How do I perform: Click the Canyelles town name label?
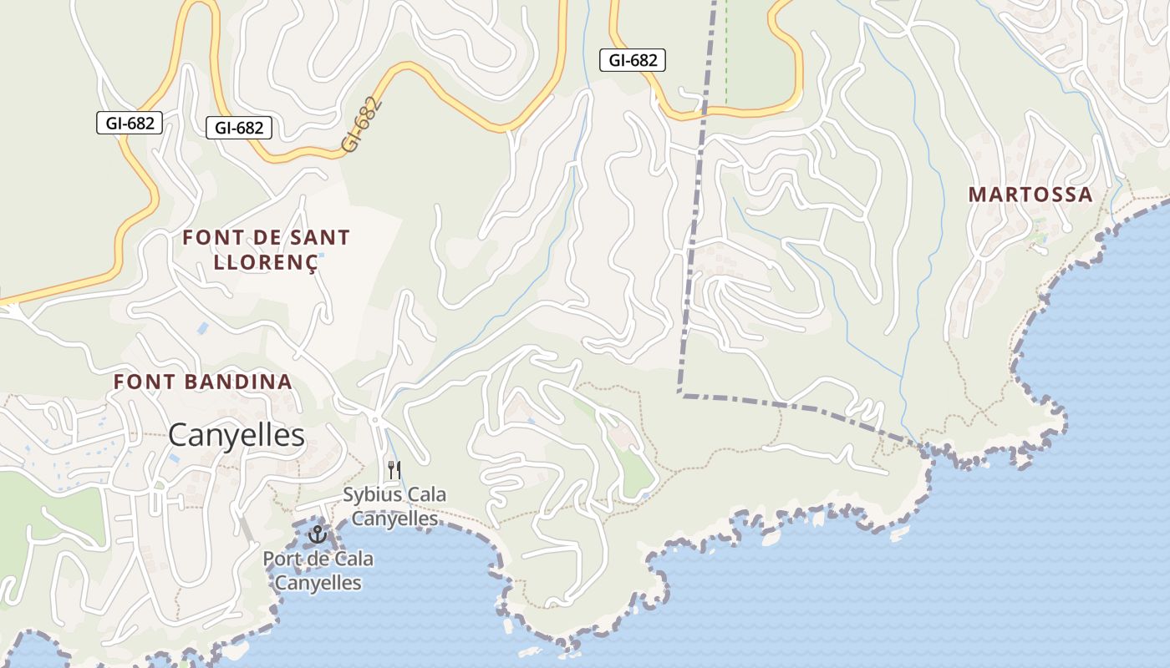point(237,435)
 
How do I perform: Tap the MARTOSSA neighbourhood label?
point(1030,195)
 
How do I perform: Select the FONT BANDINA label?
point(203,382)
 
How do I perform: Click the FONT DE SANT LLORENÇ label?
point(266,250)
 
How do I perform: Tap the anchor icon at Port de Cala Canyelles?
point(317,534)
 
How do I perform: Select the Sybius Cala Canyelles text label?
point(394,507)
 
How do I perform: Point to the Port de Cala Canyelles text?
point(318,571)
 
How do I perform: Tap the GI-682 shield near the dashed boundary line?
point(633,60)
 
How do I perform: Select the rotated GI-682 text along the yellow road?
point(361,125)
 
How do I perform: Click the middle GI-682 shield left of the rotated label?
point(239,128)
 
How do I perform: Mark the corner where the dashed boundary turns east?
point(680,393)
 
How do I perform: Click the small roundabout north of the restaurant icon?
point(375,419)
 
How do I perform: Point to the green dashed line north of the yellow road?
point(725,50)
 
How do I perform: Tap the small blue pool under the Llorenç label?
point(320,278)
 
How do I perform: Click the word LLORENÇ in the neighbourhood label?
point(266,262)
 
